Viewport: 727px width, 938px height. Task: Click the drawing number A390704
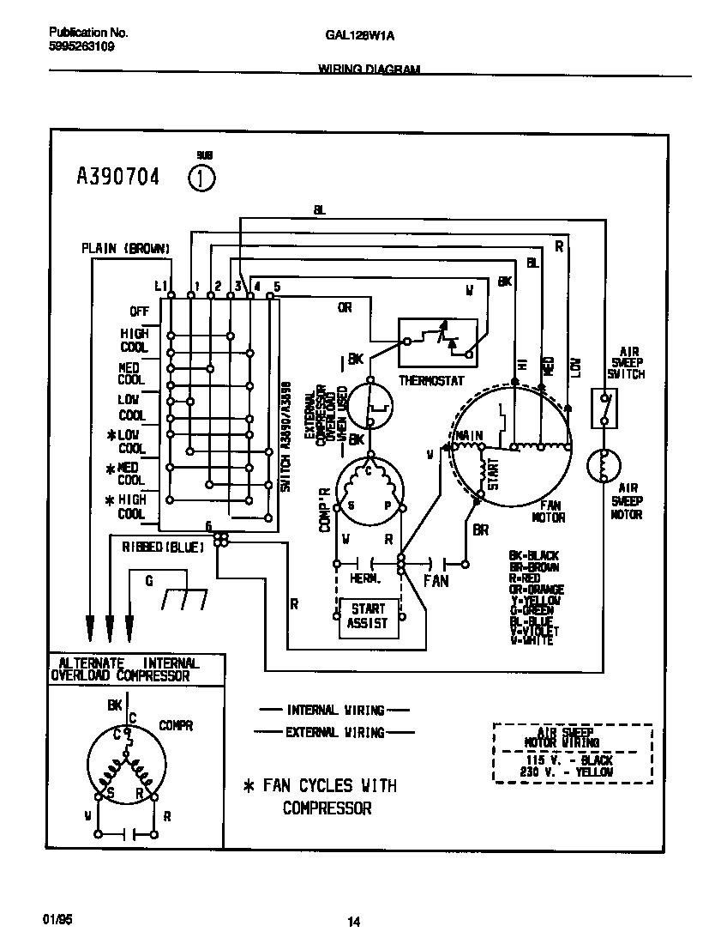pos(118,179)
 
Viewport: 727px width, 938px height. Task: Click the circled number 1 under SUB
pos(201,179)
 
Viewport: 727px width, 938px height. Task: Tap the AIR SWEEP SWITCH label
pos(626,363)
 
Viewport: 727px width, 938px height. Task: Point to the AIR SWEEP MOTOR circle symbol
pos(604,466)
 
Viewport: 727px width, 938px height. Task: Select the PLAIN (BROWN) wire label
pos(125,248)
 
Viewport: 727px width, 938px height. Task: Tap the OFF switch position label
pos(139,312)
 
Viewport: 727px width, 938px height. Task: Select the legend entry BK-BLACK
pos(533,556)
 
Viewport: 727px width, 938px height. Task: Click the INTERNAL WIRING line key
pos(334,711)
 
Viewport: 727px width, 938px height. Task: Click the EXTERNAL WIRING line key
pos(334,732)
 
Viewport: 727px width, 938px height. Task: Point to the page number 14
pos(353,923)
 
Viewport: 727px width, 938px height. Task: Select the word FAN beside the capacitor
pos(436,581)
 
